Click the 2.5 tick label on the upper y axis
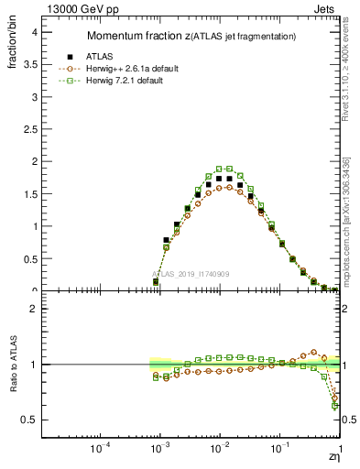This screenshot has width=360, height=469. (x=29, y=129)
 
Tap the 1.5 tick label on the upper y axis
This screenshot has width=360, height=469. (x=29, y=194)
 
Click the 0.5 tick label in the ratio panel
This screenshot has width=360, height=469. (x=29, y=420)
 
